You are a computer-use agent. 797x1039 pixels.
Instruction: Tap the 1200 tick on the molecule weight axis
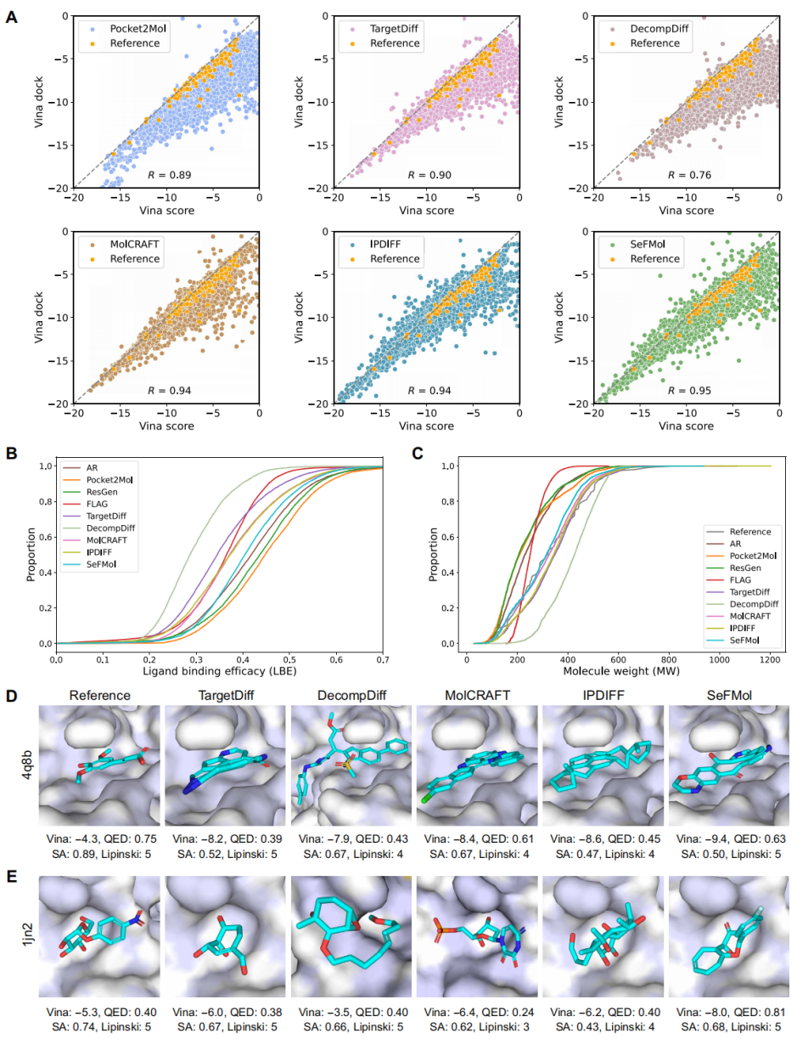pos(771,658)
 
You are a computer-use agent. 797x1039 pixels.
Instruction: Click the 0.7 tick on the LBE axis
pos(382,658)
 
